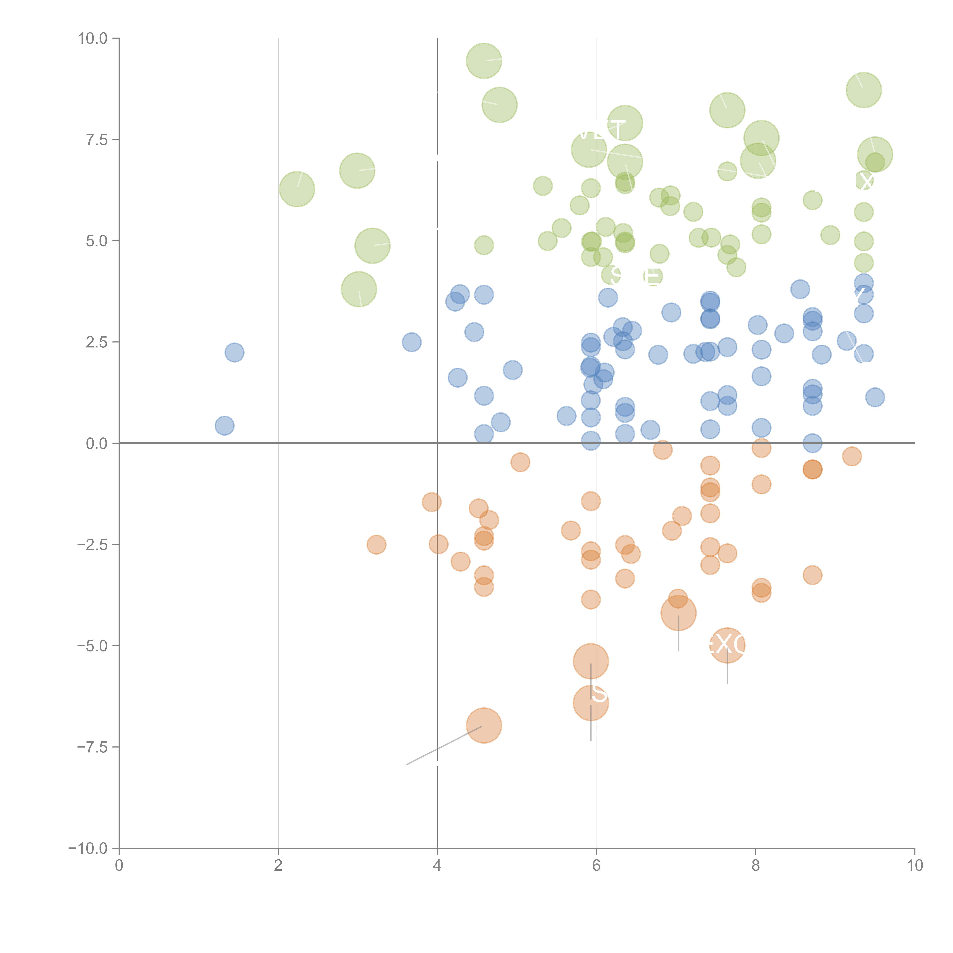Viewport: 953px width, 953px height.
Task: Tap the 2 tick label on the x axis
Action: (x=278, y=866)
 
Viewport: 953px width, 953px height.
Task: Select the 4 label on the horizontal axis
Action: (x=437, y=866)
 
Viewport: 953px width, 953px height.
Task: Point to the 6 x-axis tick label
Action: (x=596, y=866)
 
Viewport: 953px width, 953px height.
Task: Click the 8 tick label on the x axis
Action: (x=756, y=866)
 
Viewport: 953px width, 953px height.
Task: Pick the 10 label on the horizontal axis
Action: (x=914, y=866)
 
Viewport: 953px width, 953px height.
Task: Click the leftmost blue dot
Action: (x=225, y=426)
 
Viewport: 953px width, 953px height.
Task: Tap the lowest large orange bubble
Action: (x=484, y=726)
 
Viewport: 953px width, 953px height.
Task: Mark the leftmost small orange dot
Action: (x=376, y=545)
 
